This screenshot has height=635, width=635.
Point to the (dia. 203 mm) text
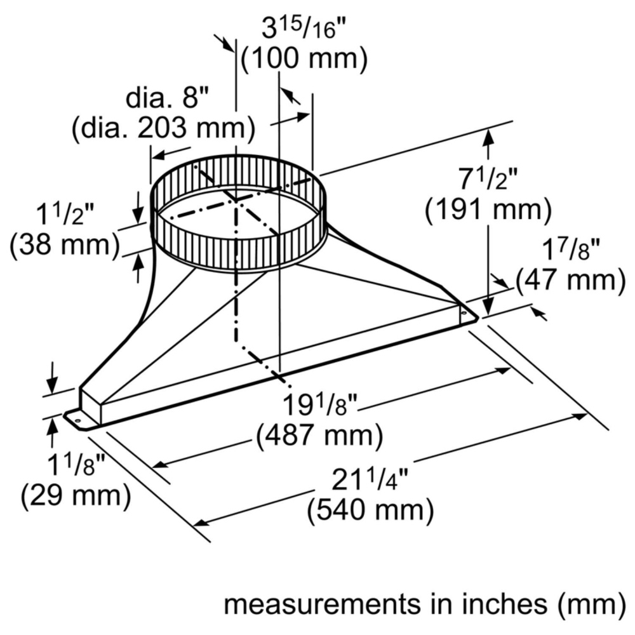[164, 129]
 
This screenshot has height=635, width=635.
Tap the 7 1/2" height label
[488, 178]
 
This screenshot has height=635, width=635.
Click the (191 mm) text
[488, 210]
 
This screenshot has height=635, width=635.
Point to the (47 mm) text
[571, 280]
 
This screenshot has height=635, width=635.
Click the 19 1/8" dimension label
[320, 405]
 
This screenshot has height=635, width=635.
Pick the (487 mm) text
[319, 436]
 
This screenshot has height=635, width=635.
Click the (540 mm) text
[370, 510]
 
